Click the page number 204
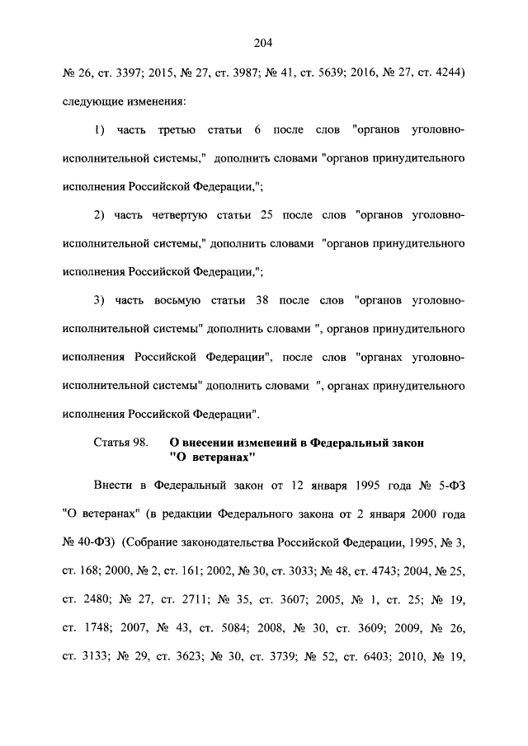[x=263, y=43]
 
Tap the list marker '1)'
[x=99, y=130]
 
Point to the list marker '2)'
[x=99, y=216]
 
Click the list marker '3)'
[x=99, y=302]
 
